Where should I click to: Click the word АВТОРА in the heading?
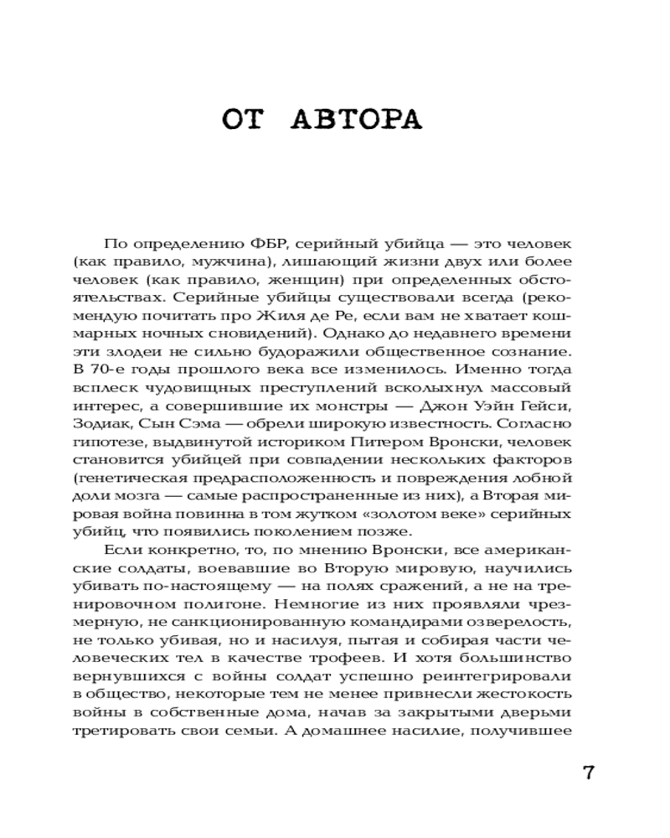click(357, 119)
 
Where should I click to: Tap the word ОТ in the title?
click(245, 119)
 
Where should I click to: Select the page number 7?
click(587, 773)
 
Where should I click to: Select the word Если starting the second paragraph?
click(121, 550)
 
